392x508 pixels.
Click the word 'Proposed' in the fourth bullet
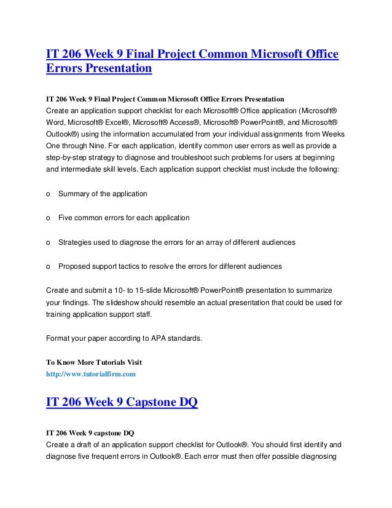pos(74,266)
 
